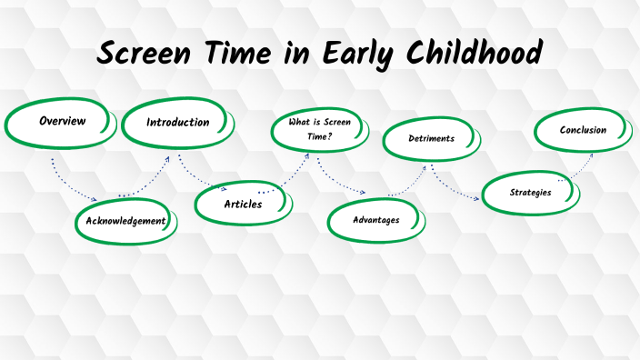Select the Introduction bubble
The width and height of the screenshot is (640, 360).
(178, 124)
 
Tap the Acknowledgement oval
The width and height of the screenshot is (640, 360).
(125, 221)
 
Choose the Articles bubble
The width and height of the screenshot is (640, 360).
(243, 205)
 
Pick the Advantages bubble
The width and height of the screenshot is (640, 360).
(375, 219)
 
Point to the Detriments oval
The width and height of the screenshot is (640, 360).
(430, 139)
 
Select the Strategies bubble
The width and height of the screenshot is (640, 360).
(530, 192)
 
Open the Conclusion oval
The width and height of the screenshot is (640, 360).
(582, 130)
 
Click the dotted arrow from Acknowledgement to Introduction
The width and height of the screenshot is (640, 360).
(155, 178)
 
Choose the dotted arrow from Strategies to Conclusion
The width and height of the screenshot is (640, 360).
(576, 168)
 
